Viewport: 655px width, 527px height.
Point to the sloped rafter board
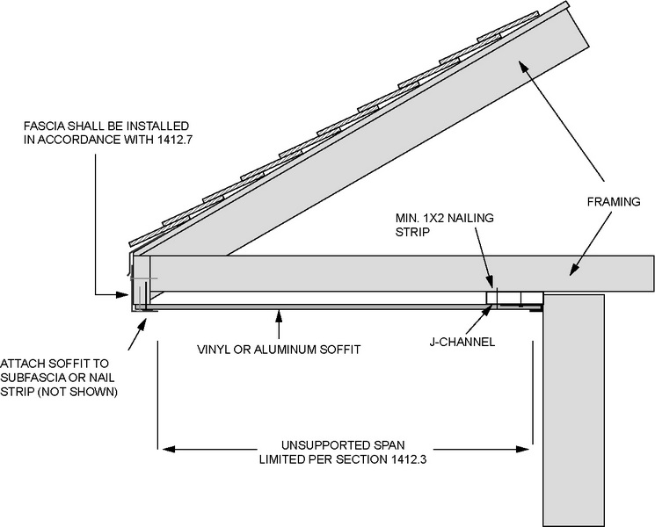(x=369, y=158)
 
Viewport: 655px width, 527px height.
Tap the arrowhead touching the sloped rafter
(x=522, y=61)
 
